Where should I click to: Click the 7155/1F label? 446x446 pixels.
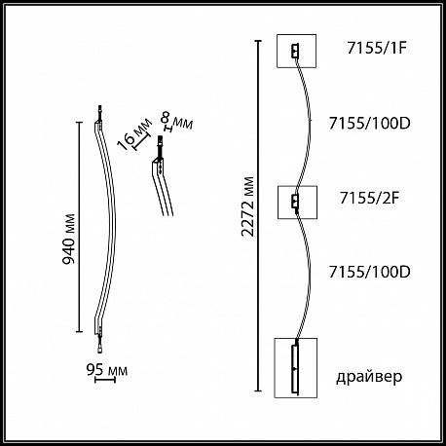click(377, 49)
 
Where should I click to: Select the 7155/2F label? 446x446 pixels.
click(369, 198)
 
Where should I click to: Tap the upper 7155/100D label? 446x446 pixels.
click(370, 123)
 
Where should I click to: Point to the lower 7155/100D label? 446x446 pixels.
click(370, 272)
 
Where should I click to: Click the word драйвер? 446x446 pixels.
click(369, 377)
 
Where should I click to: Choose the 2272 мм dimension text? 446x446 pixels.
click(248, 206)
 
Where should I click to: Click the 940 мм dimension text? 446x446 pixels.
click(68, 240)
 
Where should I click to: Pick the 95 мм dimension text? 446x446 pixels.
click(107, 370)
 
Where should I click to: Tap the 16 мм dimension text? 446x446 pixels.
click(134, 134)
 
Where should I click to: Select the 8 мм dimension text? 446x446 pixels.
click(177, 121)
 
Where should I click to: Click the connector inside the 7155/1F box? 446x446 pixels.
click(294, 51)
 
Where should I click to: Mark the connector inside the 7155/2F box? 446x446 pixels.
click(294, 202)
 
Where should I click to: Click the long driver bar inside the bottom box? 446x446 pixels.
click(295, 368)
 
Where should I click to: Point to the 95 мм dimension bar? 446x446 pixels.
click(105, 380)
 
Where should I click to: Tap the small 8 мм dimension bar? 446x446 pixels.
click(168, 130)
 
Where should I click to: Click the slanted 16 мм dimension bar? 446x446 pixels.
click(142, 142)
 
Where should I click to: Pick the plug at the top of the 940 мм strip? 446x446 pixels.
click(100, 113)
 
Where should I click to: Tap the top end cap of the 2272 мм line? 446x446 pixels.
click(258, 41)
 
